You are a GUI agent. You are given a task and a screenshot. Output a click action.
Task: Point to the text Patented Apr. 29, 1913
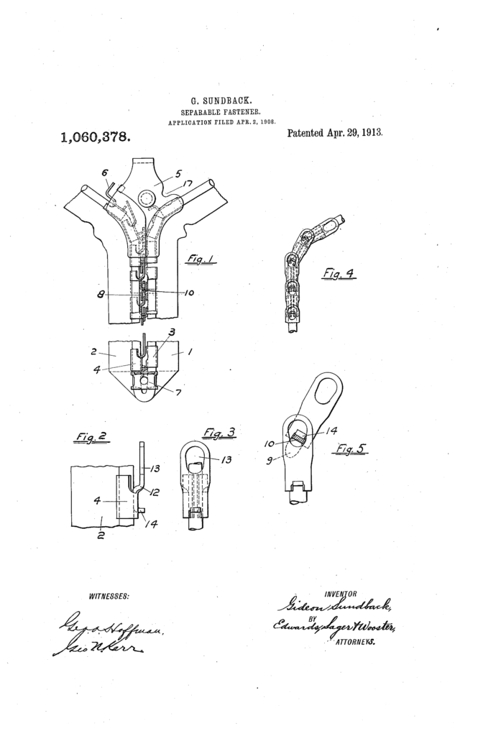[x=335, y=133]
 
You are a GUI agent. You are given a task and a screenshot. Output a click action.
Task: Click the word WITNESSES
[x=109, y=596]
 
